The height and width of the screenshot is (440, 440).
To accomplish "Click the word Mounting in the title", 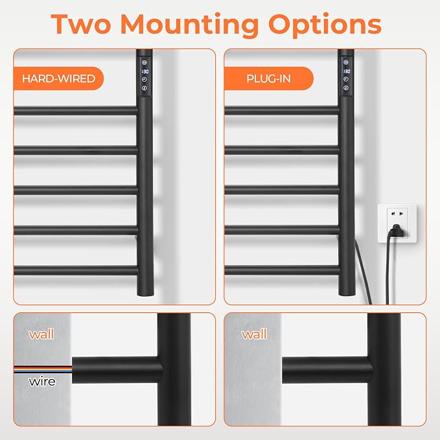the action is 189,25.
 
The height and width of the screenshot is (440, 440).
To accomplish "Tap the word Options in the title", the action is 325,25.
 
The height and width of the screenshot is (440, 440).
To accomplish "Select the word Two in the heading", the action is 81,24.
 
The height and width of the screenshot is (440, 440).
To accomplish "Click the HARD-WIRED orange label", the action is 59,78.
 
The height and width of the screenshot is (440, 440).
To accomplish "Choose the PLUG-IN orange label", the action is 268,78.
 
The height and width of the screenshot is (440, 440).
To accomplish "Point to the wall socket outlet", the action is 397,224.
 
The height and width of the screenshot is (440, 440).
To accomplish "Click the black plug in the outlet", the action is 396,231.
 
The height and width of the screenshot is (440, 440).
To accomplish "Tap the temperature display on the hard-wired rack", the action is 145,71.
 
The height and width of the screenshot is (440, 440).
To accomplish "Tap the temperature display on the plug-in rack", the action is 346,71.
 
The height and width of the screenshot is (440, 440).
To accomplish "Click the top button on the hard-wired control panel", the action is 145,62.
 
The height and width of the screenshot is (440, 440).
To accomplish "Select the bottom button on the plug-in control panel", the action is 346,88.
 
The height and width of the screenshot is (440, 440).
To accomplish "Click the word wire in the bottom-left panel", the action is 42,381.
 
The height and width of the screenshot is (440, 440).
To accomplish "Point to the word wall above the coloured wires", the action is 41,334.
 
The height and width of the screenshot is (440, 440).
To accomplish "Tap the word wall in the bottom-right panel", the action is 254,334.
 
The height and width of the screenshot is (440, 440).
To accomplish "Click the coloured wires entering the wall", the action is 43,369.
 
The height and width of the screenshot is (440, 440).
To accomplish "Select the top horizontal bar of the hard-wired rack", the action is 75,110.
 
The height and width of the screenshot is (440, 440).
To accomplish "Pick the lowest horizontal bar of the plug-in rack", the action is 282,270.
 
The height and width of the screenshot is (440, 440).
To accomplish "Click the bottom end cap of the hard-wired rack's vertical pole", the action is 145,293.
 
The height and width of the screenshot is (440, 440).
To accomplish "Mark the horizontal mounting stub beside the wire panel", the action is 117,370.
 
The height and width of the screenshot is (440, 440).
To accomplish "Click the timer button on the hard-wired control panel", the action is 145,80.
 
